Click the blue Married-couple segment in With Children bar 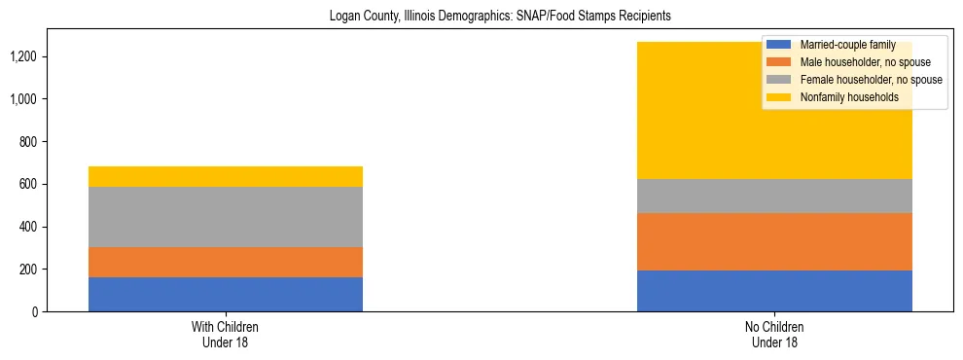tap(226, 294)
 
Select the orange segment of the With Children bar tap(226, 262)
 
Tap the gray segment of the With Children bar tap(226, 217)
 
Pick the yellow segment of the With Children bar tap(226, 176)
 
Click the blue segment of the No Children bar tap(774, 291)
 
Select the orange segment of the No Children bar tap(774, 241)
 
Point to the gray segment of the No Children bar tap(774, 196)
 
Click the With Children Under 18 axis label tap(226, 335)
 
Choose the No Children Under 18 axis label tap(774, 335)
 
